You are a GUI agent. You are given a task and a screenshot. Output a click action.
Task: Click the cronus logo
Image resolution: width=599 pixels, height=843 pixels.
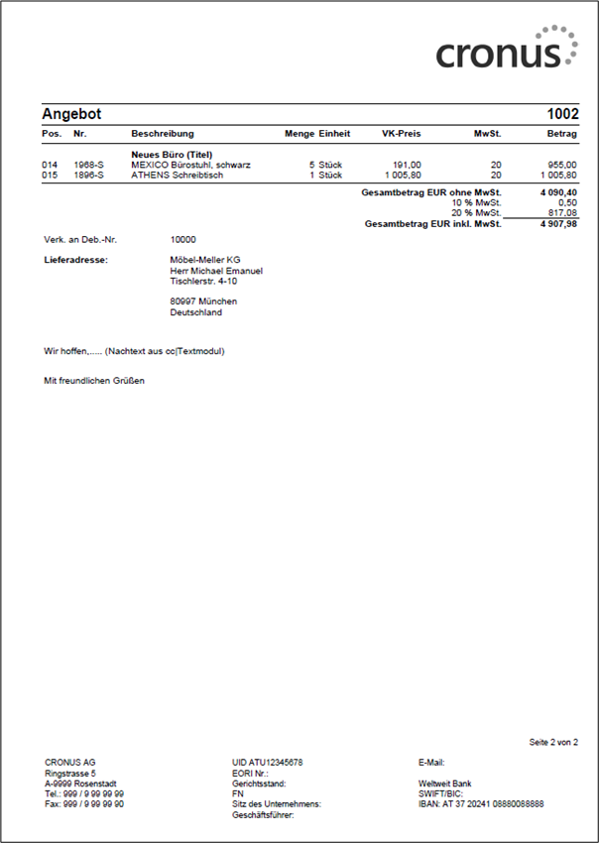[x=506, y=49]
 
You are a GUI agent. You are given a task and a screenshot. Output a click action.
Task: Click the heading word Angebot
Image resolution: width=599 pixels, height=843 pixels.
[x=71, y=115]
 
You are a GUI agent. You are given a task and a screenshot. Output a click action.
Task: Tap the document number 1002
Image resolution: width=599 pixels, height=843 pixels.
[x=562, y=115]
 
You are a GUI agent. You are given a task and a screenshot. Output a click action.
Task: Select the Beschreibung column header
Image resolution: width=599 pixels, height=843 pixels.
[x=163, y=134]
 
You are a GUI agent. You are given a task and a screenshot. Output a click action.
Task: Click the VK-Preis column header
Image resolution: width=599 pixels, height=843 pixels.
[x=402, y=134]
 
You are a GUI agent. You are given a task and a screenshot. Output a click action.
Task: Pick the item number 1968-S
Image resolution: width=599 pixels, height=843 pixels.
[x=88, y=165]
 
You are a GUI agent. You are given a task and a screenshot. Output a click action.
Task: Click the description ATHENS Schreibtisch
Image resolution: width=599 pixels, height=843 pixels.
[x=178, y=175]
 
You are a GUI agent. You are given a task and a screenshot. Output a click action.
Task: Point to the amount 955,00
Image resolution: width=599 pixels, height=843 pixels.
[x=562, y=165]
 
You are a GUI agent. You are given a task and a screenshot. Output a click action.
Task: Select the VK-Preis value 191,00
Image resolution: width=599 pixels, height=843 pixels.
[x=408, y=165]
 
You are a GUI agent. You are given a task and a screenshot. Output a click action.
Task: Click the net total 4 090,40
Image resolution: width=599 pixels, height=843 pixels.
[x=558, y=192]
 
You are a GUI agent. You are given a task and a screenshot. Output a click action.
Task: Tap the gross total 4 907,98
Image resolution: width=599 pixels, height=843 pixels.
[x=558, y=224]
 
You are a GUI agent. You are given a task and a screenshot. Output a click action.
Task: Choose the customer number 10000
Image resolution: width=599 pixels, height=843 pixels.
[x=183, y=240]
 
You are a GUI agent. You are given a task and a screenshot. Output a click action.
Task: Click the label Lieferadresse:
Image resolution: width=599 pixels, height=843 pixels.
[x=75, y=260]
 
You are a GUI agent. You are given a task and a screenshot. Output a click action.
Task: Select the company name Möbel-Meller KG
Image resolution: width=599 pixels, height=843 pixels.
[x=205, y=260]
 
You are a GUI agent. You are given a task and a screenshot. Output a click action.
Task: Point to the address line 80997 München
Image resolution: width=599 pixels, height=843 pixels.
[x=203, y=301]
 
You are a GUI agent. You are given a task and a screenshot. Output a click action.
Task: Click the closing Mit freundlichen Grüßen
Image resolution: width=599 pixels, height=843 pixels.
[x=94, y=381]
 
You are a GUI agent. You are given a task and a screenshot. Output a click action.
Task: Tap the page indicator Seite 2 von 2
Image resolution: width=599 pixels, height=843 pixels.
[x=554, y=742]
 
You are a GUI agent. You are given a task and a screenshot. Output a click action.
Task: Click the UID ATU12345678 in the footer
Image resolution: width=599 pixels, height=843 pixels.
[x=267, y=762]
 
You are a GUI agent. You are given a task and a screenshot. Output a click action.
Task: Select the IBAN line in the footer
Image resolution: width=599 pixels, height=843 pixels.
[x=481, y=804]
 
